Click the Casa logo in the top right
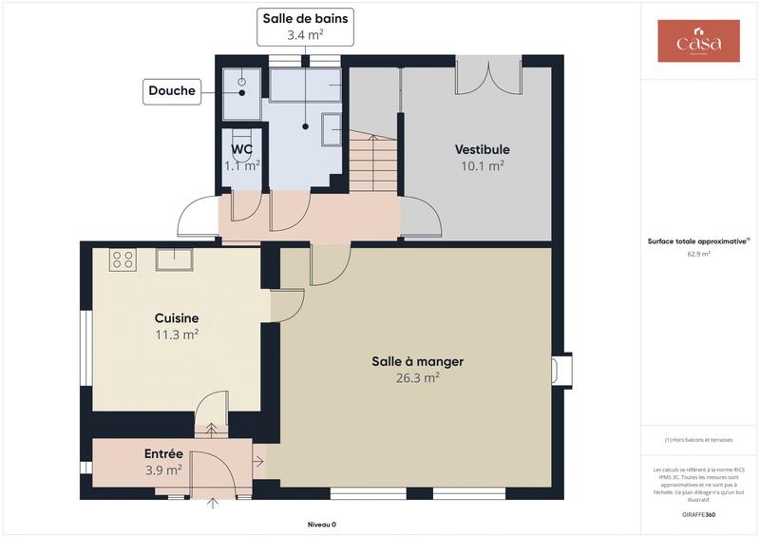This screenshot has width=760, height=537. (698, 41)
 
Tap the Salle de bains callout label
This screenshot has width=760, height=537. (306, 19)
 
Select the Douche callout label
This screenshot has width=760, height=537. (172, 91)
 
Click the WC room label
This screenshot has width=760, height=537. (241, 149)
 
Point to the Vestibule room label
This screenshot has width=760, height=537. (482, 149)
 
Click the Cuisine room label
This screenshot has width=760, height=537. (177, 317)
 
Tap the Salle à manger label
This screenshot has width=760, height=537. (417, 361)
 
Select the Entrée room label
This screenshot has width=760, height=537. (163, 453)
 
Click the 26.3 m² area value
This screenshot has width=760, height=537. (417, 377)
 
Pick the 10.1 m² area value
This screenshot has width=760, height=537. (482, 164)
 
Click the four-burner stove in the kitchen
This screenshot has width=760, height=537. (123, 259)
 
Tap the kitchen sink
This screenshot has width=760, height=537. (175, 259)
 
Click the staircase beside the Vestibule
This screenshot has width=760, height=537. (372, 162)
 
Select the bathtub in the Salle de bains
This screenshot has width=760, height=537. (305, 86)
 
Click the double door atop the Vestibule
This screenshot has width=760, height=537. (487, 78)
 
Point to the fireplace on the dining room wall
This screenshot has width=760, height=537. (561, 369)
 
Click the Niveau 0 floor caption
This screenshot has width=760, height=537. (321, 525)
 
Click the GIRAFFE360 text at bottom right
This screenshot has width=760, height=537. (698, 514)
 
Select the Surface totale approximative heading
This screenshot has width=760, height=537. (698, 241)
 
